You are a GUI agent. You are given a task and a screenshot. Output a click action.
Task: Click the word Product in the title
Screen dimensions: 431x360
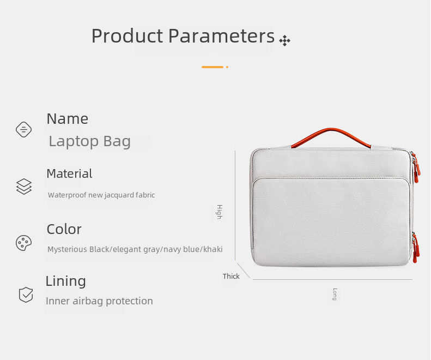click(x=128, y=36)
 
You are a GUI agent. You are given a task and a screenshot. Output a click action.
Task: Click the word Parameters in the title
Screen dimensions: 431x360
click(x=222, y=36)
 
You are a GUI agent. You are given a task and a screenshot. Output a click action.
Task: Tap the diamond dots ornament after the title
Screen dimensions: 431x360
click(x=285, y=41)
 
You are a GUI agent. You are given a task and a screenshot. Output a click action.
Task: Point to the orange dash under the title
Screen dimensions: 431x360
click(x=213, y=67)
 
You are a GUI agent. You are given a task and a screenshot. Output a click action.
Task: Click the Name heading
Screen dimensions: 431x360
click(x=68, y=119)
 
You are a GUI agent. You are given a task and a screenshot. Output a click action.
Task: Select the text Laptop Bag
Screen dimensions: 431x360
click(x=89, y=141)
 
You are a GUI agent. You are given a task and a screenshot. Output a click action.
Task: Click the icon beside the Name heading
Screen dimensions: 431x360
click(x=23, y=129)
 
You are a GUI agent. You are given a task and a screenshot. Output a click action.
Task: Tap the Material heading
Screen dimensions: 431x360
click(x=69, y=173)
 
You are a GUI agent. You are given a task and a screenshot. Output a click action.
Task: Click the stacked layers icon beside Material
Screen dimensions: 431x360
click(x=24, y=187)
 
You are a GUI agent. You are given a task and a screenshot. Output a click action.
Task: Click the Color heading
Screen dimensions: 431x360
click(x=64, y=229)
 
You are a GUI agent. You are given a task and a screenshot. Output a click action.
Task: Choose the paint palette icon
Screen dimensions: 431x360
click(x=23, y=243)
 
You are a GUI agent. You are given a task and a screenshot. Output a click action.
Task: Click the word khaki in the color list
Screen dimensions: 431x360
click(x=213, y=249)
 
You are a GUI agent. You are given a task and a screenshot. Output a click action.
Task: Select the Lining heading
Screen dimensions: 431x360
click(x=66, y=281)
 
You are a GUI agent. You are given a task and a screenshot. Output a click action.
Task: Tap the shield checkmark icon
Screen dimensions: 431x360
click(x=26, y=295)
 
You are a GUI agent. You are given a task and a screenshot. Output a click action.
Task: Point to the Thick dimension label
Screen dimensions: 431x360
click(x=231, y=277)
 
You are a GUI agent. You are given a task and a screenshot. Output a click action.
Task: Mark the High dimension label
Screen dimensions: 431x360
click(x=220, y=212)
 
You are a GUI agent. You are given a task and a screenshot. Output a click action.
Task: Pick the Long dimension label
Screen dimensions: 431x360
click(x=335, y=294)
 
